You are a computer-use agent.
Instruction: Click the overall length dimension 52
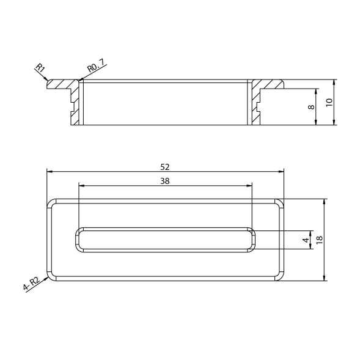(x=164, y=166)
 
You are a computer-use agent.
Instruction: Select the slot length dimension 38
(x=164, y=181)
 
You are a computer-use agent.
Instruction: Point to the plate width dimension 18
(x=320, y=240)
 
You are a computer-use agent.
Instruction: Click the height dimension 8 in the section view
(x=311, y=107)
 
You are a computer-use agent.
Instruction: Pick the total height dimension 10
(x=329, y=102)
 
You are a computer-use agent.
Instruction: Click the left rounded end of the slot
(x=78, y=240)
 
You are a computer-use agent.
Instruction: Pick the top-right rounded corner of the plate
(x=281, y=202)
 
